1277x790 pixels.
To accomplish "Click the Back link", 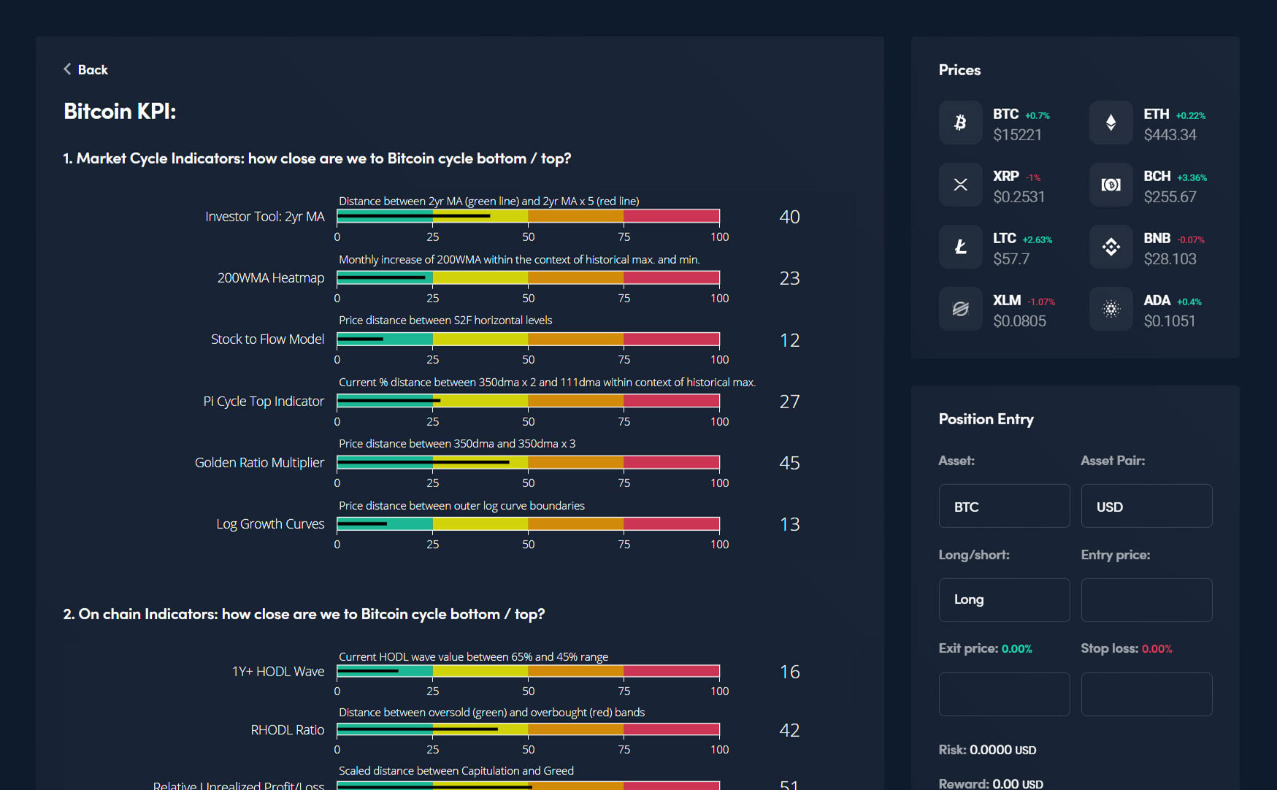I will click(x=86, y=69).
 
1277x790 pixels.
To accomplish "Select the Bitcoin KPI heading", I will click(x=120, y=111).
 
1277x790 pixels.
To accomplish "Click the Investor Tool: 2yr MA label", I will click(x=264, y=216).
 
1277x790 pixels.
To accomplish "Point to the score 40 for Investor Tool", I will click(x=789, y=217).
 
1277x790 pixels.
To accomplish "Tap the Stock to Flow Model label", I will click(x=267, y=339).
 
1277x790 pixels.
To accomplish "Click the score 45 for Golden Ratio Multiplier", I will click(x=789, y=463).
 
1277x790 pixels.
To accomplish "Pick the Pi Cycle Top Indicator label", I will click(x=263, y=401).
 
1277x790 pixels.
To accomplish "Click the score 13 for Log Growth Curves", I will click(x=789, y=524).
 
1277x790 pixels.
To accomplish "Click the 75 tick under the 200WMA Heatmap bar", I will click(x=624, y=298).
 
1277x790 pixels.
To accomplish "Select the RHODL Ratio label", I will click(x=287, y=729).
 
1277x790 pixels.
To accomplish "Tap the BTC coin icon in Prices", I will click(x=960, y=123).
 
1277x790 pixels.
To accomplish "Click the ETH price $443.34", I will click(x=1170, y=134).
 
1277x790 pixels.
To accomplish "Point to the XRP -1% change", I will click(x=1033, y=177).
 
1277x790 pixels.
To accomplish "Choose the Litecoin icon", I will click(x=960, y=247).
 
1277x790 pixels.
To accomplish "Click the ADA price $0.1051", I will click(x=1169, y=321).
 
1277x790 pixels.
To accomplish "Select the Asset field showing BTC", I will click(x=1004, y=506).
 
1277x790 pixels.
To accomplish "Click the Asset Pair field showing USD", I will click(x=1146, y=506).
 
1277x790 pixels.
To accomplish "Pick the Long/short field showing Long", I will click(x=1004, y=599).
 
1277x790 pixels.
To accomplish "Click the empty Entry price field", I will click(x=1146, y=599).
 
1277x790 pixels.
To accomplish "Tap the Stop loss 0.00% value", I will click(x=1157, y=648).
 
